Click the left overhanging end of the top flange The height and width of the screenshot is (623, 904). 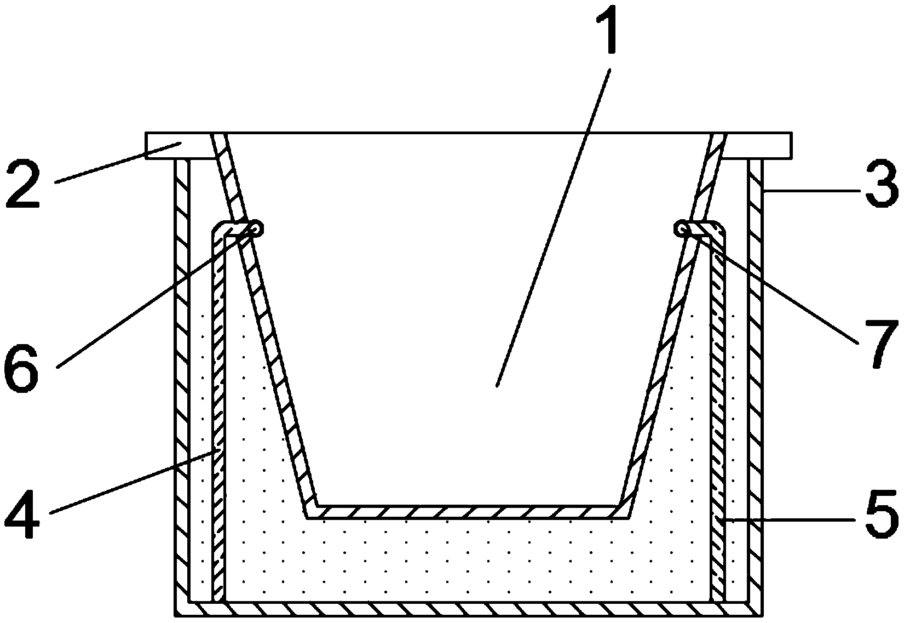[164, 145]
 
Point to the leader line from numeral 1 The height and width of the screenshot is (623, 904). [553, 219]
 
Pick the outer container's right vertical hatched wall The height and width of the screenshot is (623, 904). [755, 384]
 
